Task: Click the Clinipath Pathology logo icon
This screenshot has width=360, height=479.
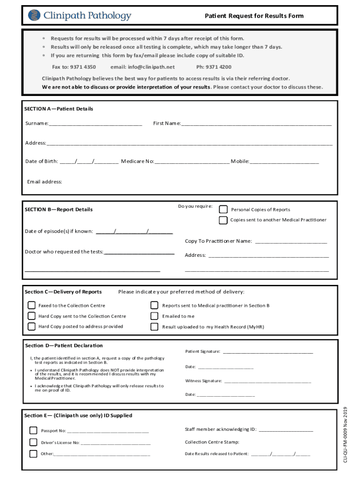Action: pos(35,16)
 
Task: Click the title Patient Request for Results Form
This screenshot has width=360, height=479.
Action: pos(254,16)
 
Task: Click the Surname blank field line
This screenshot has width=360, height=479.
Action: pos(95,124)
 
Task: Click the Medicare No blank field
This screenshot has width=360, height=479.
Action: pos(192,162)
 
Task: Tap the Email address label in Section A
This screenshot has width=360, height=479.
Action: pos(44,181)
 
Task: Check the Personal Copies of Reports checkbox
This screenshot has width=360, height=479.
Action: pos(223,209)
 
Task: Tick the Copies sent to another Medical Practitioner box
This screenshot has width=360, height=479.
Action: pos(223,220)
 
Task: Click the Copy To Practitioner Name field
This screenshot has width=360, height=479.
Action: pos(291,242)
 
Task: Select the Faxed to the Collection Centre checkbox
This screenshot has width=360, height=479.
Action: pos(31,305)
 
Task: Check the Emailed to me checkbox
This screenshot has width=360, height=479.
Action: pos(154,316)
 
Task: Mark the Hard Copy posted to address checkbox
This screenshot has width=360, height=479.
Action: pos(31,327)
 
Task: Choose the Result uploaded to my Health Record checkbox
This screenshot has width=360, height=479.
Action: pos(154,327)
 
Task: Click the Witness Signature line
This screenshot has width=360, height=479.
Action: pos(267,381)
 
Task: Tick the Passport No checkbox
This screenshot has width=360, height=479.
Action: pos(33,430)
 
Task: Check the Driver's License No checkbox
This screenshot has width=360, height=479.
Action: pos(33,442)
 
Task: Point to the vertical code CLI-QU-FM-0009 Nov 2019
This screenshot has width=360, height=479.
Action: pos(346,435)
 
